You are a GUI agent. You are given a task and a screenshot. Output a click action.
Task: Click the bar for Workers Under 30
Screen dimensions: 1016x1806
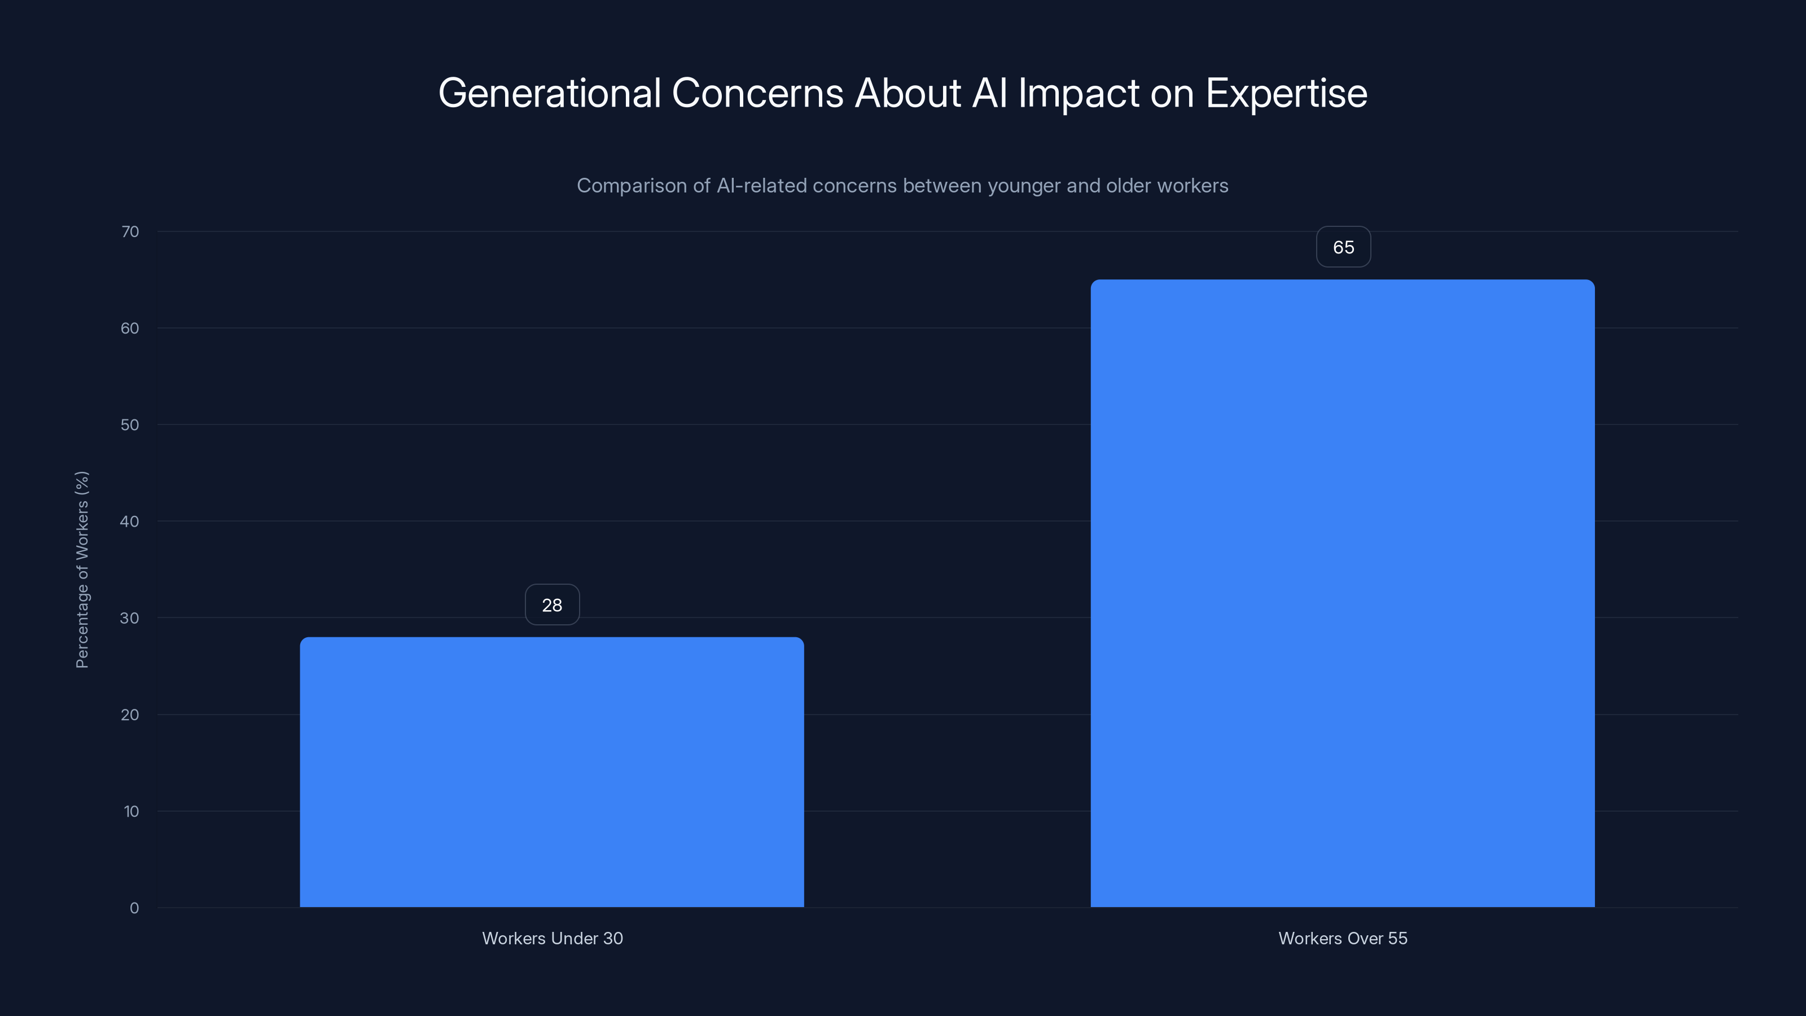point(552,771)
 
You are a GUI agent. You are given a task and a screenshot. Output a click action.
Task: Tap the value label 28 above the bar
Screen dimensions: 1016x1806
point(552,605)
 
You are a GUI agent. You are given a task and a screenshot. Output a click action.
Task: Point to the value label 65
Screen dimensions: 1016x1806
point(1343,247)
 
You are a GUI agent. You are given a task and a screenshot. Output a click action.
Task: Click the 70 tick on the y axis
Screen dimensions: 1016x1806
point(130,232)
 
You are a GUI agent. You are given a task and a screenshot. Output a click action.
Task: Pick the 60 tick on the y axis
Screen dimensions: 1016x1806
point(130,328)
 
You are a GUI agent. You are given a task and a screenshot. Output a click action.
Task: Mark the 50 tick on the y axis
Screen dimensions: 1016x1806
point(130,425)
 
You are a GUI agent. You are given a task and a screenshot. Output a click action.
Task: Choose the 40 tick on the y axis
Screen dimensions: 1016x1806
point(130,522)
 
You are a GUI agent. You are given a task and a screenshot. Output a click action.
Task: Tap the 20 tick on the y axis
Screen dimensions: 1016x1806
point(130,715)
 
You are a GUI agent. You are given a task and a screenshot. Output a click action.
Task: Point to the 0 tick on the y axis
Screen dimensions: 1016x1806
point(134,908)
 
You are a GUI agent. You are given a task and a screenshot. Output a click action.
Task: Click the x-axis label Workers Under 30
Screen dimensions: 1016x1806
point(553,938)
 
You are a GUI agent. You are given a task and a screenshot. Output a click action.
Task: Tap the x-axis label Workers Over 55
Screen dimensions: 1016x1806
point(1343,938)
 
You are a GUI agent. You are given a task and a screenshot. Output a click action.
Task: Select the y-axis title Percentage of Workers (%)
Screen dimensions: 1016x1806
point(82,570)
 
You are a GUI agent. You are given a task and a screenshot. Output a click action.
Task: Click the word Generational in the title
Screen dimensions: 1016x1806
point(550,93)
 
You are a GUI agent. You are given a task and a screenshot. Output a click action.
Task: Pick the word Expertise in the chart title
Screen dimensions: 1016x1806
point(1286,93)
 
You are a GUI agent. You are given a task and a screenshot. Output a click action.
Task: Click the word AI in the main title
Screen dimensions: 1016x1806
point(989,93)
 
